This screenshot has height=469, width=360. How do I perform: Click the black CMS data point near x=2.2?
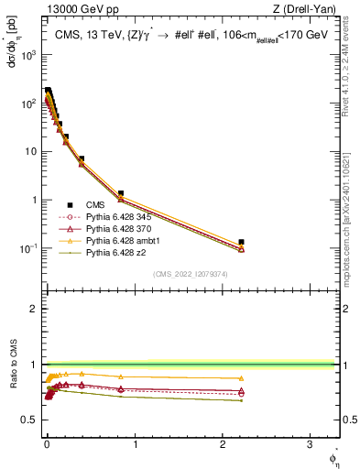point(241,243)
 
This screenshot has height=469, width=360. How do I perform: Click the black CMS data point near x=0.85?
point(121,194)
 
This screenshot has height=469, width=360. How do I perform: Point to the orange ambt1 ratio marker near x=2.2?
point(241,378)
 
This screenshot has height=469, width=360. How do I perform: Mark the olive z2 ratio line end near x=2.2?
point(241,400)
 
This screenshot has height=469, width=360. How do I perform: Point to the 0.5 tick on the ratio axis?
point(31,420)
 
